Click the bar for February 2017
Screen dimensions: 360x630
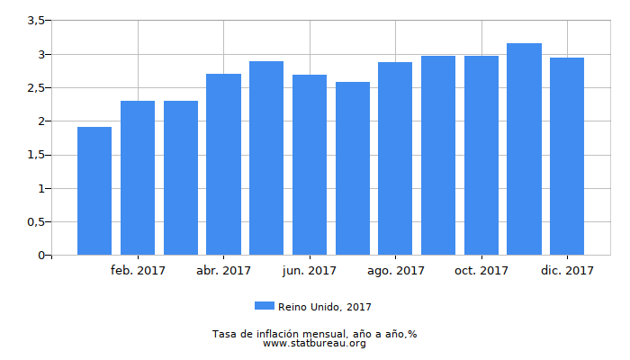[x=138, y=177]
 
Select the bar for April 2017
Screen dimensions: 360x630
[x=223, y=164]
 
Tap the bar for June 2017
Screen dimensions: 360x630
[x=310, y=165]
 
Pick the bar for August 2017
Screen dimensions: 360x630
[x=395, y=158]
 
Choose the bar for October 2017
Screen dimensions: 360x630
[x=481, y=155]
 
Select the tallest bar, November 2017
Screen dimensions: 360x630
[x=524, y=148]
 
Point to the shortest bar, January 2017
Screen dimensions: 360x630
[x=94, y=191]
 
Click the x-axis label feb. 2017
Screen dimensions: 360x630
[x=138, y=270]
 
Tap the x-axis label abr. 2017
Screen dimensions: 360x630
[x=223, y=270]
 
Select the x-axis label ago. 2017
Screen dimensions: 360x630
[x=395, y=270]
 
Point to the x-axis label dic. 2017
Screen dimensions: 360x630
[x=567, y=270]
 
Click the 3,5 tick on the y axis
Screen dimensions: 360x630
[x=35, y=21]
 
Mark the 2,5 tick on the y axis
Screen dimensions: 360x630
[x=35, y=88]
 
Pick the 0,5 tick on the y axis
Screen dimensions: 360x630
[x=35, y=222]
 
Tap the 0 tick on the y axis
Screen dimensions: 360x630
[x=40, y=256]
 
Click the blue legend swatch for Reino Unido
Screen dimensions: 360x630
[x=265, y=307]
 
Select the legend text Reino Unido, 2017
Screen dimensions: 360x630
[x=324, y=307]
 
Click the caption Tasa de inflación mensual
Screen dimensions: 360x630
[x=314, y=334]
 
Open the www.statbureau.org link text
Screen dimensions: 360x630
[x=314, y=343]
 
